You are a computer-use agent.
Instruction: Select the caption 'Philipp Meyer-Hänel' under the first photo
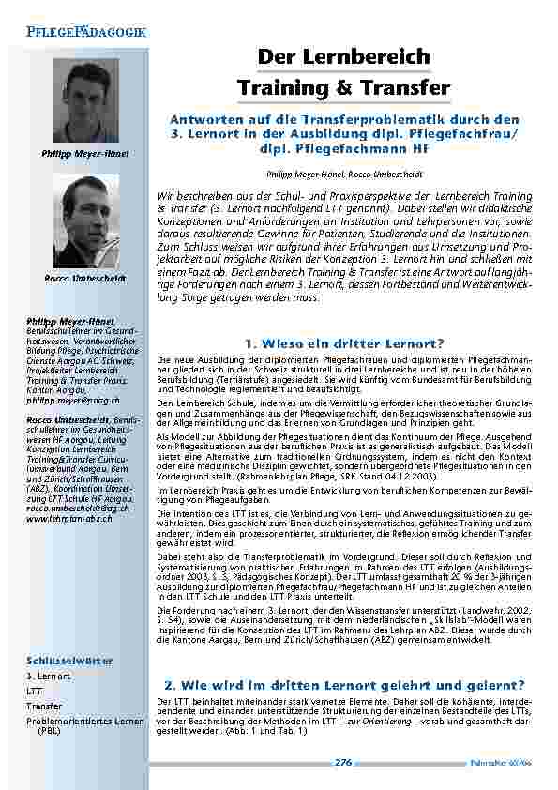(85, 152)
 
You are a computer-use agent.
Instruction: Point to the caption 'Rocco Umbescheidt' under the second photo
(85, 279)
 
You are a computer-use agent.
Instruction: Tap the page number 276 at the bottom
(342, 763)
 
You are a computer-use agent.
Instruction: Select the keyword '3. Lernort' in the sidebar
(48, 676)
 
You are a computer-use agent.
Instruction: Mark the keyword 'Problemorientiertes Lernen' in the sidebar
(84, 721)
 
